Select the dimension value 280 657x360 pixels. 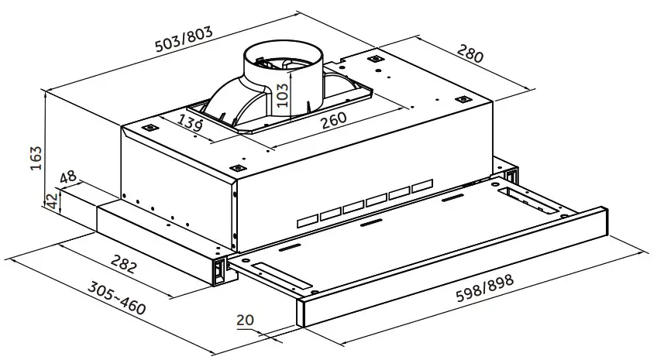(470, 55)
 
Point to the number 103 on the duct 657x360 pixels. (283, 94)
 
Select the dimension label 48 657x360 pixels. (68, 177)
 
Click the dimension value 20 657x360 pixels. (246, 321)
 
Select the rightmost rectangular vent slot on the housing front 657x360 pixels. (420, 187)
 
